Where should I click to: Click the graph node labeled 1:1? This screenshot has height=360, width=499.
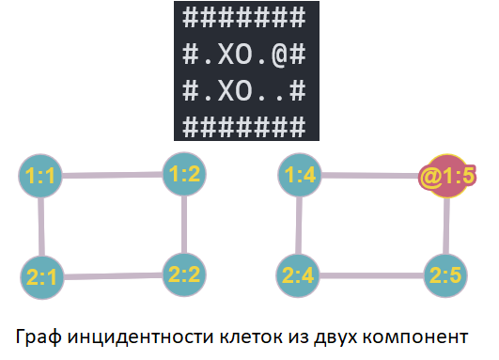(41, 176)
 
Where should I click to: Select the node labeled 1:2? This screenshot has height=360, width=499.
(183, 173)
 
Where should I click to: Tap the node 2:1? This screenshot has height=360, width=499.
(41, 276)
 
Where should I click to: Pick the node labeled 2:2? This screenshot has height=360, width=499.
(183, 274)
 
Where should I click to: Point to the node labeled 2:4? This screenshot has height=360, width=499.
(302, 276)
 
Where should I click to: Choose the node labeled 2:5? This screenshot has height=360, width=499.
(446, 275)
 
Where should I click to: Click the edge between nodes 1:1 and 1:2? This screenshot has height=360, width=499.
(113, 175)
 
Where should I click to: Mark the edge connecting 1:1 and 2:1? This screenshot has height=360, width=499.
(41, 226)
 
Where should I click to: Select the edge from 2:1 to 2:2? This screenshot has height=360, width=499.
(113, 275)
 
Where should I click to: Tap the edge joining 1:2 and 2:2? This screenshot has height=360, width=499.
(183, 224)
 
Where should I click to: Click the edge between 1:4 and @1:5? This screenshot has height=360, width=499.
(372, 175)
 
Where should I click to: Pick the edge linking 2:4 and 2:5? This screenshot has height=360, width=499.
(374, 276)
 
